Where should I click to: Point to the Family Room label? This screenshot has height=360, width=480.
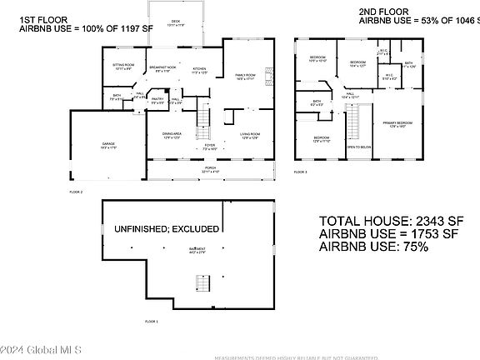(244, 76)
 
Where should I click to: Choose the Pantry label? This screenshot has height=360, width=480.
(157, 100)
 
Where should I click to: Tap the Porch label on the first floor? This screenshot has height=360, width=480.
(207, 168)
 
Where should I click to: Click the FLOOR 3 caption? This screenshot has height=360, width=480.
(300, 172)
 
